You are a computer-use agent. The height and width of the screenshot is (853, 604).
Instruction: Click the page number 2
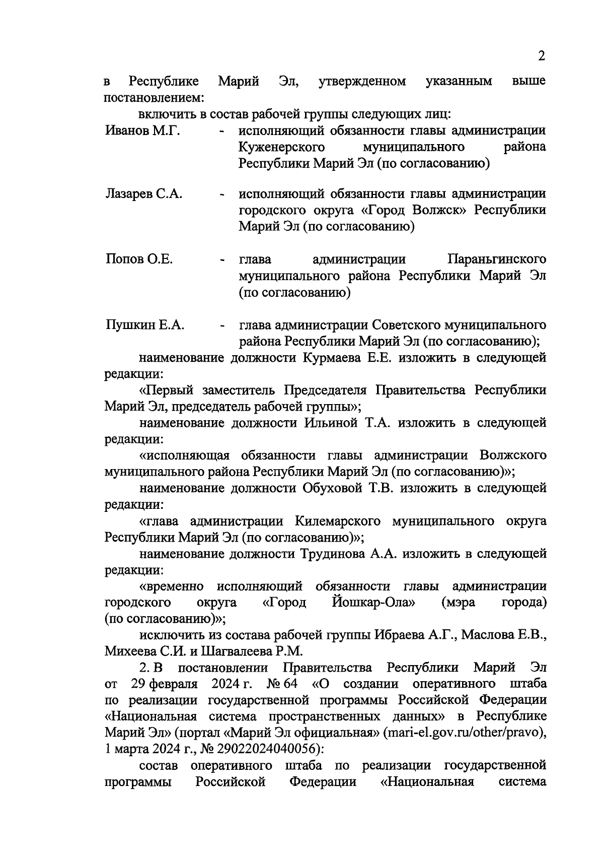[x=541, y=56]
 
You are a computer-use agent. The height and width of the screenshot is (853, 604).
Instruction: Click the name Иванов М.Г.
[x=143, y=131]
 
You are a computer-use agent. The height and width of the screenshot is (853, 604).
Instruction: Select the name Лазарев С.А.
[x=144, y=194]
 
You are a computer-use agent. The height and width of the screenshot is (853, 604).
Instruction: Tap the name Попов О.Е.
[x=139, y=259]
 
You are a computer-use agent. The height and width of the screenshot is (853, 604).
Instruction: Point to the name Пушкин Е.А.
[x=145, y=325]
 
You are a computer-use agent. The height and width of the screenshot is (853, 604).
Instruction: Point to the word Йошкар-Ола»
[x=373, y=603]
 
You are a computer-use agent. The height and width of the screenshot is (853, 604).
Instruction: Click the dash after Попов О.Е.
[x=222, y=261]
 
